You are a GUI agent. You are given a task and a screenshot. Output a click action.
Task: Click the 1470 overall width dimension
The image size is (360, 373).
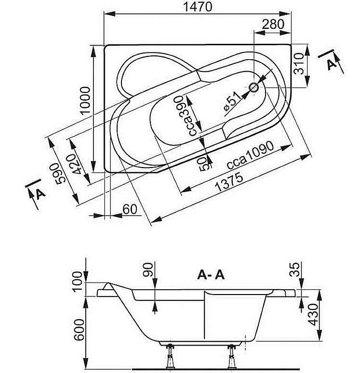point(199,7)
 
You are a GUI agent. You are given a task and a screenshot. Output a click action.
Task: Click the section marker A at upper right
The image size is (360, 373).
point(331,63)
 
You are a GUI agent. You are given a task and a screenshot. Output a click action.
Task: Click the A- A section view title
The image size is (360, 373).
point(211,275)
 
